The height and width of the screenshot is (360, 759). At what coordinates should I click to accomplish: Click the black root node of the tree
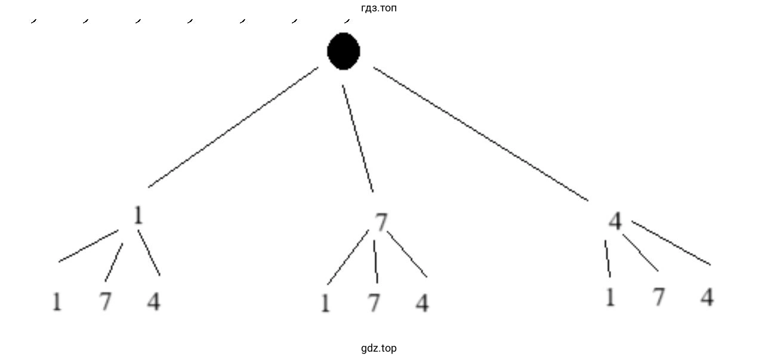tap(344, 51)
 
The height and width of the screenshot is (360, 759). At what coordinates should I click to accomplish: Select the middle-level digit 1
tap(138, 215)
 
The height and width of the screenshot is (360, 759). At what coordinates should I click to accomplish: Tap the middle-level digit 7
tap(381, 222)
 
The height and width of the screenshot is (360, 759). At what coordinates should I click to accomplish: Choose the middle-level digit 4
tap(615, 221)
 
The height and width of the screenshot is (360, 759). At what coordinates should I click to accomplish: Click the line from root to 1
tap(233, 127)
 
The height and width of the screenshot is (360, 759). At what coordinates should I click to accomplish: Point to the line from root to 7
tap(358, 139)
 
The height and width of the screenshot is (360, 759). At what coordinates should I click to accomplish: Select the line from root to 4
tap(481, 134)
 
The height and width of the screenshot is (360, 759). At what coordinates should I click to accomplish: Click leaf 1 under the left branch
tap(57, 301)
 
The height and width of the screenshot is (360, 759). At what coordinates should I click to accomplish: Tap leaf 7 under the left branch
tap(106, 301)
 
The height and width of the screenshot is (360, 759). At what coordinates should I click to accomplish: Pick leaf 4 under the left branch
tap(154, 301)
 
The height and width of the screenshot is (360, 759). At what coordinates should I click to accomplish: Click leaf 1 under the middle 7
tap(325, 303)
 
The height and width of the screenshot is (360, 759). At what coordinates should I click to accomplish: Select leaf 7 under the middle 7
tap(374, 303)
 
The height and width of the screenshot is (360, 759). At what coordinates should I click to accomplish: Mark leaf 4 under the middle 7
tap(422, 303)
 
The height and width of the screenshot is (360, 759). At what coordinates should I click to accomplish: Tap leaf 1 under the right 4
tap(610, 297)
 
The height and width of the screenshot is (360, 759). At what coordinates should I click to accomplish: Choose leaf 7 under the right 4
tap(659, 297)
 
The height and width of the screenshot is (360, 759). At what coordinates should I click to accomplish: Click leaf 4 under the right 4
tap(707, 297)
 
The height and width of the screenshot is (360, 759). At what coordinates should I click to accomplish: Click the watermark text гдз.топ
tap(379, 8)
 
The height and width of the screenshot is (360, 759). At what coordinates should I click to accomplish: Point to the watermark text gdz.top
tap(379, 348)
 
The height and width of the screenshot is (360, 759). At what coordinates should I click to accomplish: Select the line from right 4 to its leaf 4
tap(671, 243)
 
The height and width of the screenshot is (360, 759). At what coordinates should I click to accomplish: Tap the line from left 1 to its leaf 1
tap(89, 246)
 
